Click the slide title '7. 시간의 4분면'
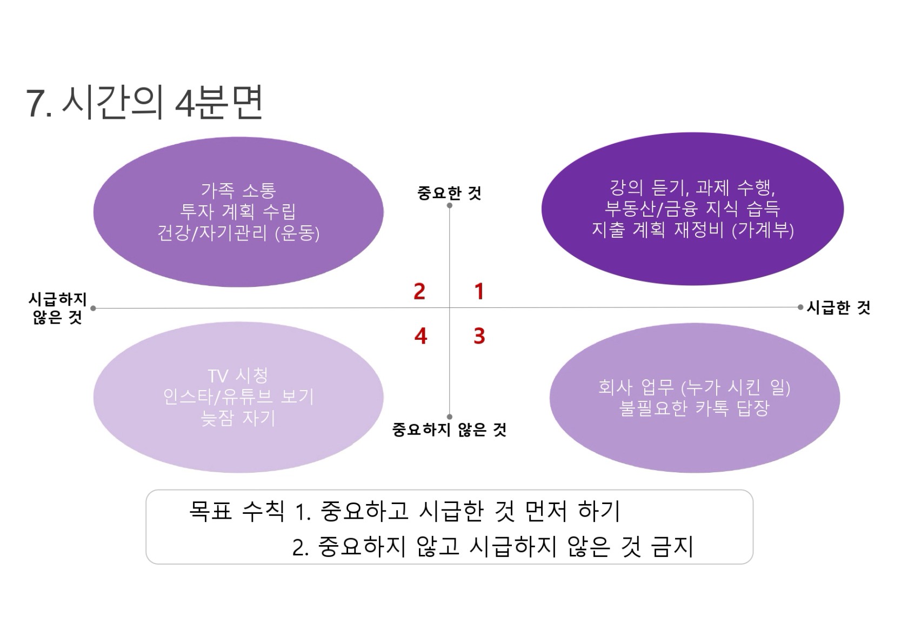point(144,102)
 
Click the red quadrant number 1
point(479,291)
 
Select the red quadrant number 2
point(419,291)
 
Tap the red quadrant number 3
point(479,336)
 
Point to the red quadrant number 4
point(421,336)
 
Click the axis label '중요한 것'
point(449,193)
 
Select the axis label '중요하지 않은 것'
point(449,430)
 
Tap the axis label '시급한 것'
point(839,307)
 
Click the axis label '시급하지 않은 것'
point(57,308)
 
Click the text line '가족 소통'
point(238,190)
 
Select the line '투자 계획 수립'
point(238,212)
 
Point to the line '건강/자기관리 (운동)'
point(238,233)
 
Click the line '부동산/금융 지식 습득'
point(693,209)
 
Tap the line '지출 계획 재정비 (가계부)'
point(693,230)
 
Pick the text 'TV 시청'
point(238,376)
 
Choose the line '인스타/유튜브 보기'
point(238,397)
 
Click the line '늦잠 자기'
point(238,418)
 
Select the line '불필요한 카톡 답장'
point(694,408)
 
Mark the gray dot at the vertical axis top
point(449,205)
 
